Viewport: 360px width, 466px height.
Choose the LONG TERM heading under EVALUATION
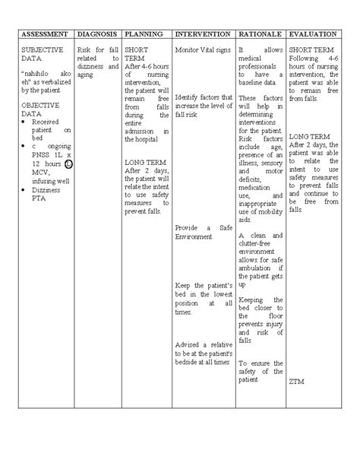[x=308, y=135]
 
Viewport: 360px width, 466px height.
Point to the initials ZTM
[x=296, y=382]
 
